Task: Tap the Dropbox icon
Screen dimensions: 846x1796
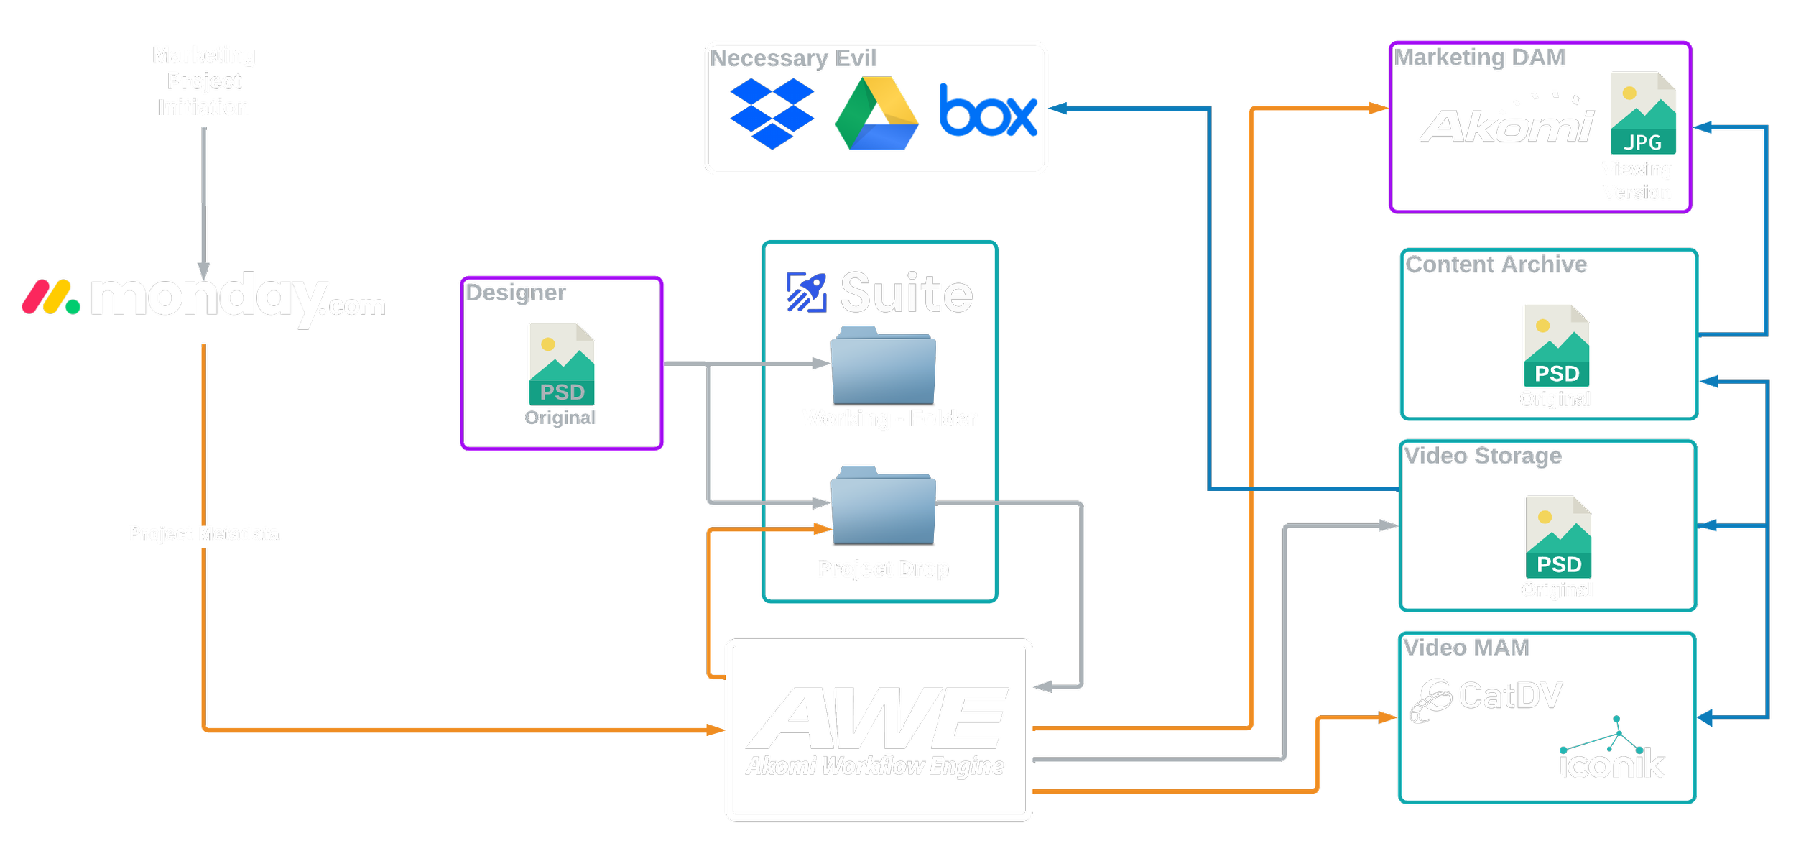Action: pos(772,114)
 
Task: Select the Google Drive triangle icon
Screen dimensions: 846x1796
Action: pos(876,115)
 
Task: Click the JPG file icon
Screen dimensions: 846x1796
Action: pos(1643,113)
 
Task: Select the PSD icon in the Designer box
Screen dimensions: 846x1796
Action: pos(562,364)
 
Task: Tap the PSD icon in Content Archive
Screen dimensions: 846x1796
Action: pos(1557,346)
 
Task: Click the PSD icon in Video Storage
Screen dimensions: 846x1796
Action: pos(1559,537)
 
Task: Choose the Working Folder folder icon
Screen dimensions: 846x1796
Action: pos(883,366)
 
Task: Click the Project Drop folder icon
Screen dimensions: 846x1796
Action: pos(883,505)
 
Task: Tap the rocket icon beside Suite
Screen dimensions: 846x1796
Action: pos(805,294)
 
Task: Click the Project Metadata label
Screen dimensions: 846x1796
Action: pos(203,534)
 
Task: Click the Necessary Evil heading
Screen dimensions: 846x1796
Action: pos(793,58)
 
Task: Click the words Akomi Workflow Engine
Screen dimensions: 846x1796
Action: pos(874,766)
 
